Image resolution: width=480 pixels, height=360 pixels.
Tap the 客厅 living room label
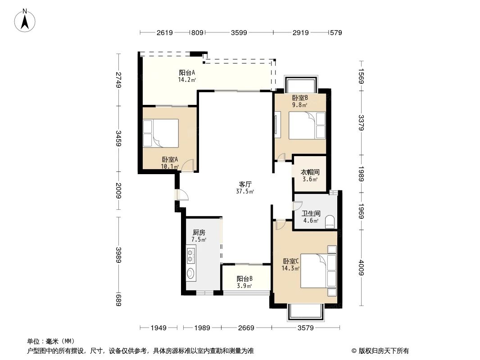coord(245,184)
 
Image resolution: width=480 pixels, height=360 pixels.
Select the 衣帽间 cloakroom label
coord(310,172)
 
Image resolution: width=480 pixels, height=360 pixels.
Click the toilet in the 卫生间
coord(331,221)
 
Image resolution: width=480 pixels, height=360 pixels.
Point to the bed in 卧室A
coord(161,133)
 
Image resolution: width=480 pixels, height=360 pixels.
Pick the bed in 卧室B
coord(306,126)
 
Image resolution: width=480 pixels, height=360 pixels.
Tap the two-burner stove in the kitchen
coord(191,255)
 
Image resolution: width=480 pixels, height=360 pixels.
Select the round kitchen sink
coord(191,273)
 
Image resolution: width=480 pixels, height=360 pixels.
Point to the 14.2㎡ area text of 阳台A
coord(187,80)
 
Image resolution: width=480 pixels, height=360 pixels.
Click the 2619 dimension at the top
coord(165,32)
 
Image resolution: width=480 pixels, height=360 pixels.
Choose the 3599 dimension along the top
coord(240,32)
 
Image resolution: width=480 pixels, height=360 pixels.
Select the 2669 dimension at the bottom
coord(246,328)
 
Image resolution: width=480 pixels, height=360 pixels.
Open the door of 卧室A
coord(188,166)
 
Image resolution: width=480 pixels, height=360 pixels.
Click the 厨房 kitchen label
coord(199,233)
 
